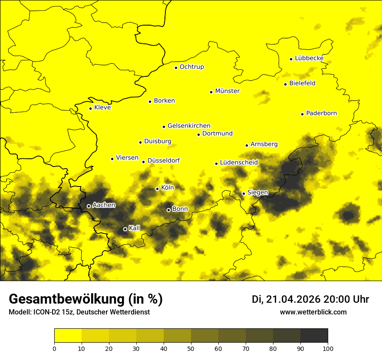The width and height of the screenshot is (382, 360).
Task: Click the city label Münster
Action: click(227, 91)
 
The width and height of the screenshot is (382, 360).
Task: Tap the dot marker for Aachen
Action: click(89, 206)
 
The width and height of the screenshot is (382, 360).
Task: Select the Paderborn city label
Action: click(321, 113)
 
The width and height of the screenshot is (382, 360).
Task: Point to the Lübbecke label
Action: click(309, 58)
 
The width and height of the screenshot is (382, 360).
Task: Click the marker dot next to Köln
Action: click(157, 189)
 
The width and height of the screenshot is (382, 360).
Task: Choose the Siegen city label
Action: click(257, 193)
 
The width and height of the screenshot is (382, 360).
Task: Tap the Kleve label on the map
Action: click(102, 108)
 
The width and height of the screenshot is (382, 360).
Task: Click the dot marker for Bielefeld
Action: click(285, 84)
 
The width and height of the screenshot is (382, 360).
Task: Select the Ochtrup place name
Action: click(191, 67)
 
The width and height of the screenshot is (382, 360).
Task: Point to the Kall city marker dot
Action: click(125, 229)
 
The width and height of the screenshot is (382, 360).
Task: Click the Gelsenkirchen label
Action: click(189, 126)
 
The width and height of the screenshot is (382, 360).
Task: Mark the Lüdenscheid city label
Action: click(239, 163)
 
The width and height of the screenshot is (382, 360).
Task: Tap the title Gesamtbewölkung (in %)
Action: click(86, 299)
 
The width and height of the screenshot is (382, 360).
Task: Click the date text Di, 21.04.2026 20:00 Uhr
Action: click(310, 299)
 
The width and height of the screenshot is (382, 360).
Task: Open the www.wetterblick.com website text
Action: click(313, 312)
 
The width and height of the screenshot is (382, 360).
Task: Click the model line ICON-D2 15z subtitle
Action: click(79, 312)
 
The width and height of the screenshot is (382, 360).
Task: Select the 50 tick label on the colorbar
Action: click(191, 348)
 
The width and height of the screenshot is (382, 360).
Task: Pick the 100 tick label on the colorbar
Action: click(328, 348)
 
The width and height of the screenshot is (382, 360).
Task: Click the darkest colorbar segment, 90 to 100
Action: click(314, 336)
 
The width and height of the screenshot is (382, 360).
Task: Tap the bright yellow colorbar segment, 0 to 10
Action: click(68, 336)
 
